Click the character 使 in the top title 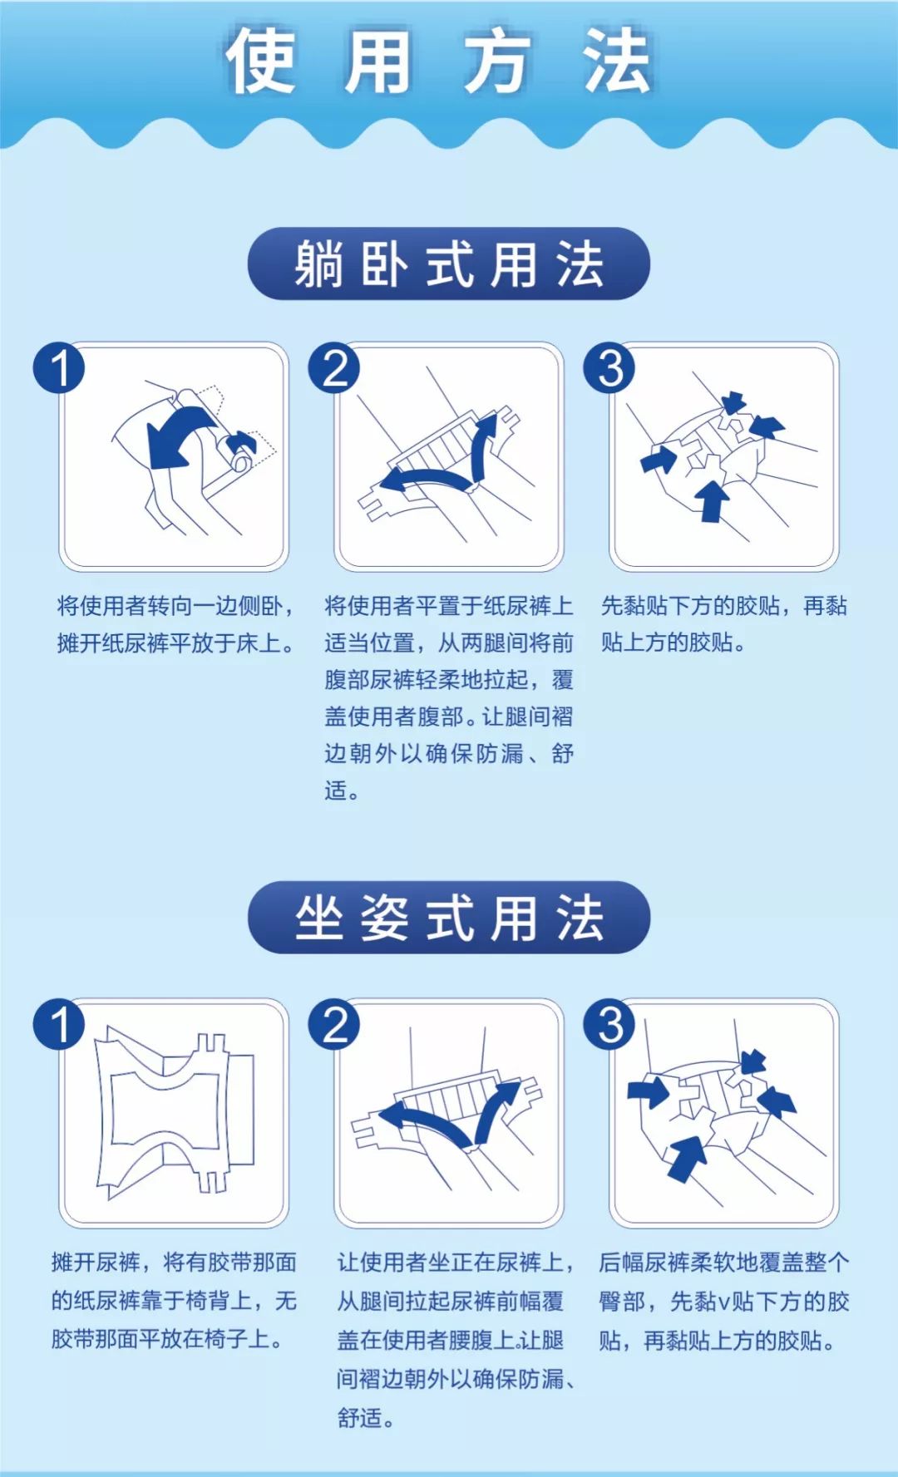click(260, 62)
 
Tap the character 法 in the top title click(616, 62)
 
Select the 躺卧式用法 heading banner click(448, 264)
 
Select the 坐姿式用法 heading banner click(448, 918)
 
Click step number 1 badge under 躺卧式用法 click(59, 368)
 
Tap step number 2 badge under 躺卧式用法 click(334, 368)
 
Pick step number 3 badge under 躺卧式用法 click(609, 368)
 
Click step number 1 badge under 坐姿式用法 click(59, 1024)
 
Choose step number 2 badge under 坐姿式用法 click(334, 1024)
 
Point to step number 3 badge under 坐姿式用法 click(609, 1024)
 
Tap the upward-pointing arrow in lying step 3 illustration click(712, 499)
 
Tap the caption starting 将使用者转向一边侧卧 click(175, 623)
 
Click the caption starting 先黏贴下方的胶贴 click(723, 623)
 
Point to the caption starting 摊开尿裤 click(173, 1300)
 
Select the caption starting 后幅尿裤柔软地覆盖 click(723, 1300)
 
